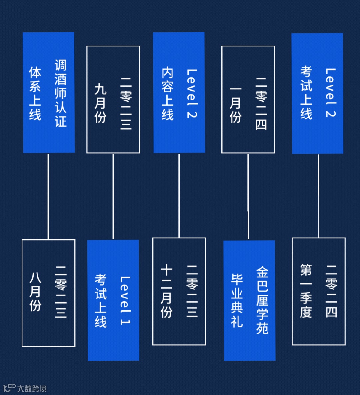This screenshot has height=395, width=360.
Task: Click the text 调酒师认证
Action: click(61, 93)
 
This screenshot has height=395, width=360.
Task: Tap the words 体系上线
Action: click(35, 93)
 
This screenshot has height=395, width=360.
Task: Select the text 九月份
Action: click(100, 103)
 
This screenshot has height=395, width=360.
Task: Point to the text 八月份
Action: click(35, 292)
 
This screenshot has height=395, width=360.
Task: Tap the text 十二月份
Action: click(166, 291)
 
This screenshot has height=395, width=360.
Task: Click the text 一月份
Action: click(235, 105)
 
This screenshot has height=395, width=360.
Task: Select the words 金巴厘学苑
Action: click(262, 300)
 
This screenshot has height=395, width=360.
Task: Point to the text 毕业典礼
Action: click(237, 300)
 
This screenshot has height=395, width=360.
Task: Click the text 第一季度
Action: click(306, 291)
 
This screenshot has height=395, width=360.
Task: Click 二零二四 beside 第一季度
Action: click(331, 291)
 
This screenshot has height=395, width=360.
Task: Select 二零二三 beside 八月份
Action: click(61, 292)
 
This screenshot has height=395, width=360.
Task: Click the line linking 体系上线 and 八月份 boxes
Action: click(48, 196)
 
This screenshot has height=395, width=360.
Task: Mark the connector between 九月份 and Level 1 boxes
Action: click(113, 196)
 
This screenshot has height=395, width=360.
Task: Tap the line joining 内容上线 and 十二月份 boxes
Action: click(179, 195)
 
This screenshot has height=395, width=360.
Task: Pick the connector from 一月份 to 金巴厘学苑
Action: click(248, 196)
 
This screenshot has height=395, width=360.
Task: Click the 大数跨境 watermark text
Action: click(32, 388)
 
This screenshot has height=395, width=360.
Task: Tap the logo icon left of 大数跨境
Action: click(9, 388)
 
